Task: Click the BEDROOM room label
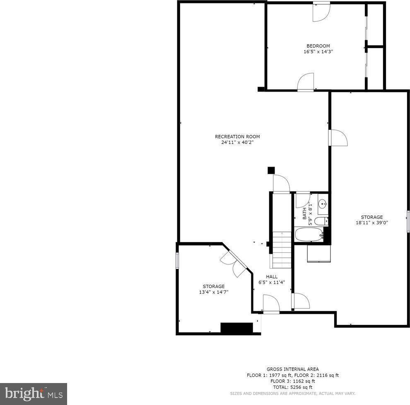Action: coord(318,46)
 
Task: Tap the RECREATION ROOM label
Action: coord(237,136)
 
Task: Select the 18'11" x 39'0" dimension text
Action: coord(371,223)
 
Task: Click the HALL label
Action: coord(272,277)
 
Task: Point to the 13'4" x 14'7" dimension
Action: coord(214,292)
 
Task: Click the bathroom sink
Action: coord(323,204)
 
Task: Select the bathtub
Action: coord(309,235)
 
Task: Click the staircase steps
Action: coord(282,250)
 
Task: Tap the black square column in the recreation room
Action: coord(271,170)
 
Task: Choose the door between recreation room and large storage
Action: coord(338,138)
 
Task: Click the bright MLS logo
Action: coord(34,394)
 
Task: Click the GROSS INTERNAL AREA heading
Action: coord(293,369)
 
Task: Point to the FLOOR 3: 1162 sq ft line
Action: coord(293,381)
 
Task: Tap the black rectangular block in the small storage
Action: coord(237,328)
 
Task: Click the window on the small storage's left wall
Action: coord(177,260)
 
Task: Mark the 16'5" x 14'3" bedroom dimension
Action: coord(318,52)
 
